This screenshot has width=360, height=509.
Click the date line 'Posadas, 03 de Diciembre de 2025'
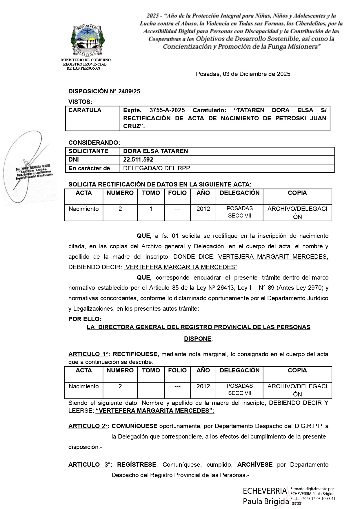pyautogui.click(x=243, y=74)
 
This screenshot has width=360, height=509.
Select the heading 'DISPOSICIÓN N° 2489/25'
pyautogui.click(x=104, y=91)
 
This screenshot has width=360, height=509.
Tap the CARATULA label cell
pyautogui.click(x=85, y=110)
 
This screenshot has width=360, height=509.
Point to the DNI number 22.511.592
pyautogui.click(x=138, y=160)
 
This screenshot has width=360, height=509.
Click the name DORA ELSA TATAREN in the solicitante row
pyautogui.click(x=155, y=151)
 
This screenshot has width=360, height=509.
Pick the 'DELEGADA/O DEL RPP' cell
pyautogui.click(x=157, y=168)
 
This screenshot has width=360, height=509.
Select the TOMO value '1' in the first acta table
pyautogui.click(x=151, y=209)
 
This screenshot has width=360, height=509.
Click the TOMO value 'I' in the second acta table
pyautogui.click(x=151, y=386)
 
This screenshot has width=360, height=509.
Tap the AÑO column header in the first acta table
pyautogui.click(x=203, y=193)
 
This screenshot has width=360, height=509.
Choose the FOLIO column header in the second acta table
pyautogui.click(x=177, y=370)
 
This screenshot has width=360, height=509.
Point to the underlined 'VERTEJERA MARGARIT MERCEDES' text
pyautogui.click(x=273, y=257)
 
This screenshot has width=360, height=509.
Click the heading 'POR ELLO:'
pyautogui.click(x=85, y=319)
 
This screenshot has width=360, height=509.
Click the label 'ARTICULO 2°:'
pyautogui.click(x=89, y=426)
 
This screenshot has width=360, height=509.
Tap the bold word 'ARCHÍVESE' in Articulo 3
pyautogui.click(x=255, y=465)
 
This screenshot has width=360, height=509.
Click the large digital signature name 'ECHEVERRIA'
pyautogui.click(x=265, y=491)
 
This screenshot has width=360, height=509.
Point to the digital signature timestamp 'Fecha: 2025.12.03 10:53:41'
pyautogui.click(x=312, y=499)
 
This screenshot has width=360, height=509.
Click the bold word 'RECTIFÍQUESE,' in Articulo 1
pyautogui.click(x=136, y=354)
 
